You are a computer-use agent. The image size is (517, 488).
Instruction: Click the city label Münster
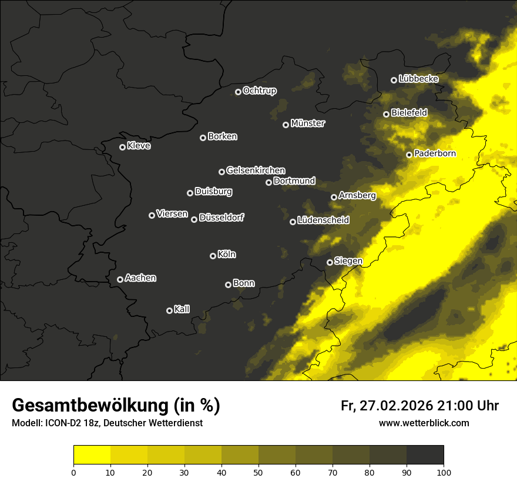[308, 123]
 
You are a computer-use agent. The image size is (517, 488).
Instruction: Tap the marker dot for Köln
[213, 256]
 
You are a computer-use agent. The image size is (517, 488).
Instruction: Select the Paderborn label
[435, 153]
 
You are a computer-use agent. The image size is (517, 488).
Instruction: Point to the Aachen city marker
[120, 279]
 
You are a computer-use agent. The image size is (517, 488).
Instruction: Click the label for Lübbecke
[418, 78]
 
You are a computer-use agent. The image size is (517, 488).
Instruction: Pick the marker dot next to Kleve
[122, 147]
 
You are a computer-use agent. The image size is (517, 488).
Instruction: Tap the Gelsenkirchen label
[256, 171]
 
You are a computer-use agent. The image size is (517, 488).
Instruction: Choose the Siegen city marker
[330, 262]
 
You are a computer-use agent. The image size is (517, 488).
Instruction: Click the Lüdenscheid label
[323, 220]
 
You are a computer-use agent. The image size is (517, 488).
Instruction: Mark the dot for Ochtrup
[238, 92]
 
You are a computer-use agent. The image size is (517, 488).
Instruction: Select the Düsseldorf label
[221, 218]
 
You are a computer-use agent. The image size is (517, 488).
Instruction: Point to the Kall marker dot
[169, 310]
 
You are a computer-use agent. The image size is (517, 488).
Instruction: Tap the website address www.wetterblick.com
[424, 423]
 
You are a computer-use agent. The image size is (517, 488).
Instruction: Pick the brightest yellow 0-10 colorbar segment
[92, 455]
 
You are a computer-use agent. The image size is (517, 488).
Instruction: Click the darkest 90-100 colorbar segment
[425, 455]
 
